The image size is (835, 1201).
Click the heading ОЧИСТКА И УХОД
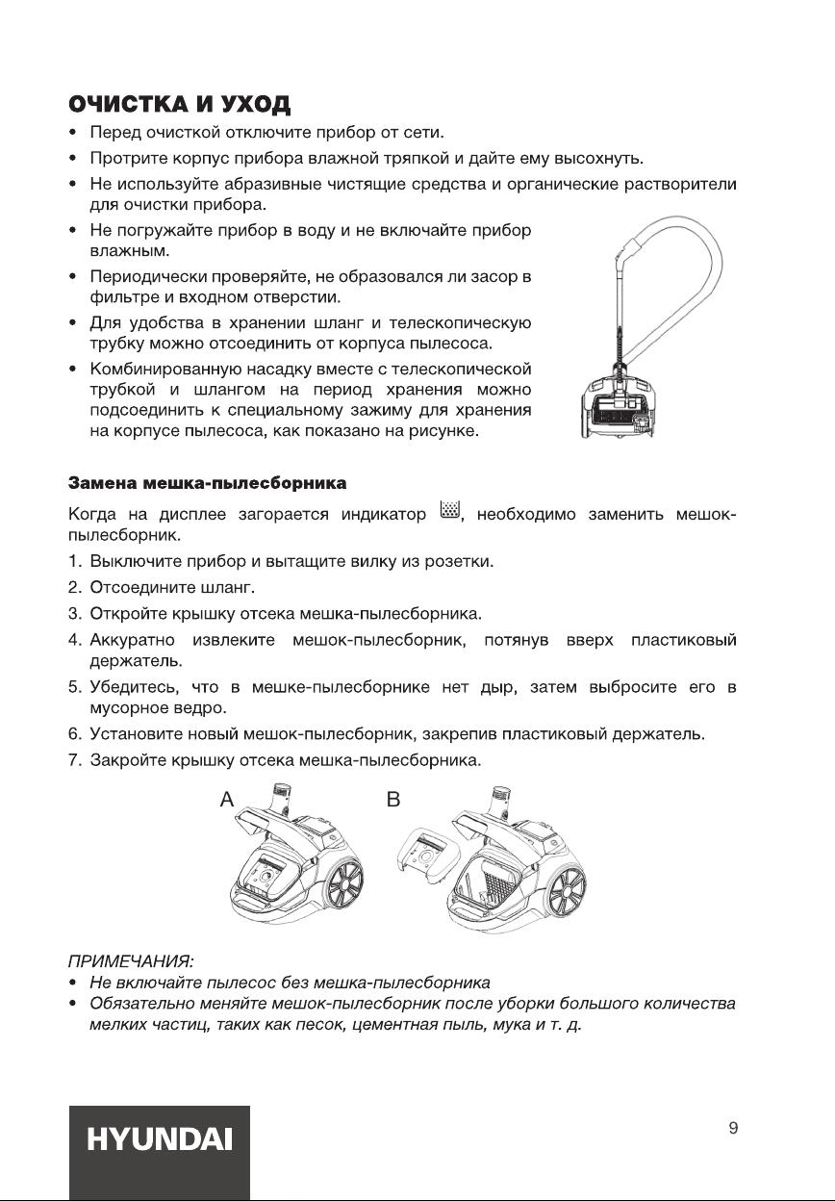pyautogui.click(x=179, y=103)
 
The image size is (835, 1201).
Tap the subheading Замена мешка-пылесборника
pyautogui.click(x=207, y=480)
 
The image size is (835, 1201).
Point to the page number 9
pyautogui.click(x=733, y=1129)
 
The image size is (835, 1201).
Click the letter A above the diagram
pyautogui.click(x=226, y=798)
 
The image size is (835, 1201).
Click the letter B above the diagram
pyautogui.click(x=393, y=798)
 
